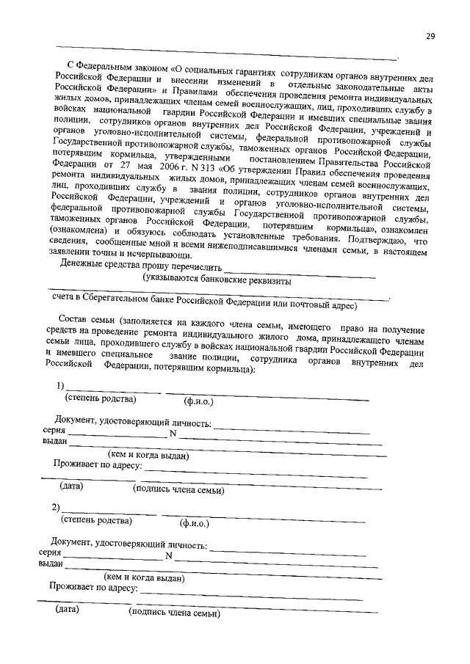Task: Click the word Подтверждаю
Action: (x=377, y=240)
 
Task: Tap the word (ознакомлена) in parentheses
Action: (x=76, y=230)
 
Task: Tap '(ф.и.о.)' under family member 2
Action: (x=194, y=524)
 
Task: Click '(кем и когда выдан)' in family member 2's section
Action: (x=144, y=577)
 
